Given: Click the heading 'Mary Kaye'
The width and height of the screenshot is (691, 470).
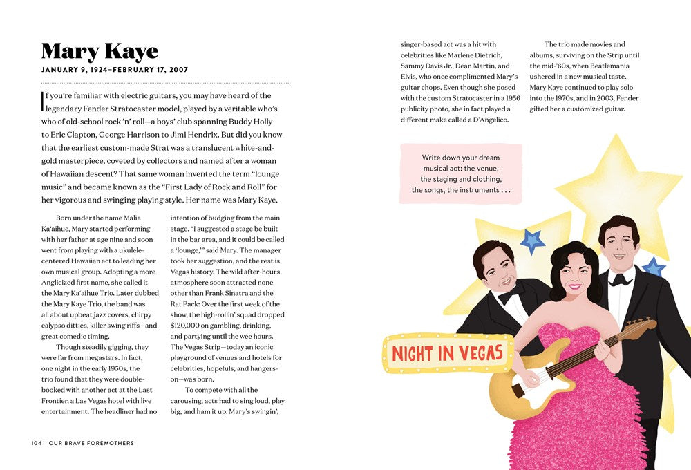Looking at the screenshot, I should click(x=100, y=51).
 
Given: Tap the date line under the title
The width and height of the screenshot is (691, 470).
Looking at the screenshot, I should click(x=115, y=70).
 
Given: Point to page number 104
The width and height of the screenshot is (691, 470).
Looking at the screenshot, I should click(x=37, y=443).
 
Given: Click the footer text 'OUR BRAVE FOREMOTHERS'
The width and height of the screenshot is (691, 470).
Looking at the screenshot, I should click(x=91, y=443).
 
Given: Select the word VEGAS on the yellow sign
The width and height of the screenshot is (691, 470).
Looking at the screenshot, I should click(x=479, y=353).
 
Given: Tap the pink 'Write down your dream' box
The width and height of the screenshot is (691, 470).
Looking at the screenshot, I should click(x=461, y=173).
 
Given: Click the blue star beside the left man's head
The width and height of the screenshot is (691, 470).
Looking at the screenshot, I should click(x=532, y=241).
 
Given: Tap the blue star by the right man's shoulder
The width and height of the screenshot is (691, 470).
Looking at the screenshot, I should click(x=653, y=267).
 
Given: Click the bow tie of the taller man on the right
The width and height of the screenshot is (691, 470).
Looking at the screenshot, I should click(x=619, y=279).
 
